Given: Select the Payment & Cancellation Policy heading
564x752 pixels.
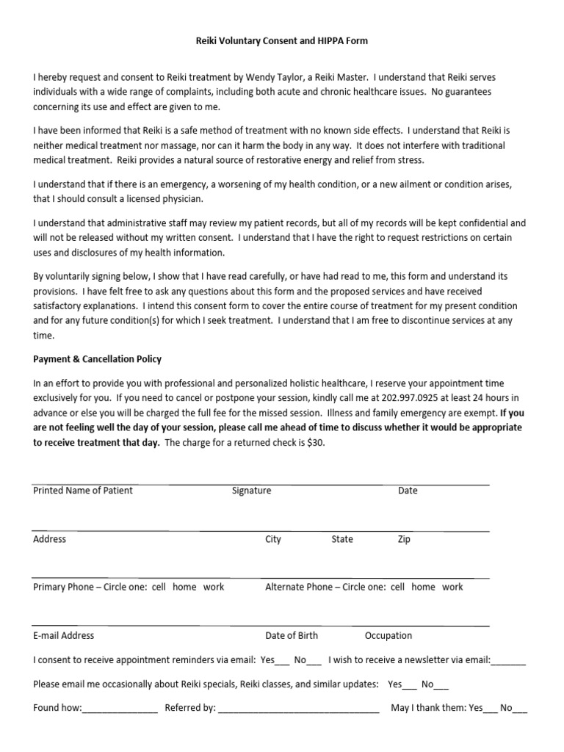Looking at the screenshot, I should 97,359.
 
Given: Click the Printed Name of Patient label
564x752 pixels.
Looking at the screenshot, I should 83,491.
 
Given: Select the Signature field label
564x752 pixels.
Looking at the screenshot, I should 251,491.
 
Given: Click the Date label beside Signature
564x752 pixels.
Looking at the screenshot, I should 408,491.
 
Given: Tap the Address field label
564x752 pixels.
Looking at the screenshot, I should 50,539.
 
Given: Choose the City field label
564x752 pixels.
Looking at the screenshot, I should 273,539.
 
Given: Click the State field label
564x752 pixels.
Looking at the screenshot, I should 342,539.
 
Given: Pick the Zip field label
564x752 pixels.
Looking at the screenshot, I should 404,539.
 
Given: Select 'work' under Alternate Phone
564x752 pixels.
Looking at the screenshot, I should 452,587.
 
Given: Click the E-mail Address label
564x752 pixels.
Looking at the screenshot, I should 64,635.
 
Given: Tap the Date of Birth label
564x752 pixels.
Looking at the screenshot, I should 292,635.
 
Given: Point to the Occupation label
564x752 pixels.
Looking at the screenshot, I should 388,635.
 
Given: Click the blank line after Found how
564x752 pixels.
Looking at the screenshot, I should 120,709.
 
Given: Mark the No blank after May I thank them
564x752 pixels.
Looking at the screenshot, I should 520,709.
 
